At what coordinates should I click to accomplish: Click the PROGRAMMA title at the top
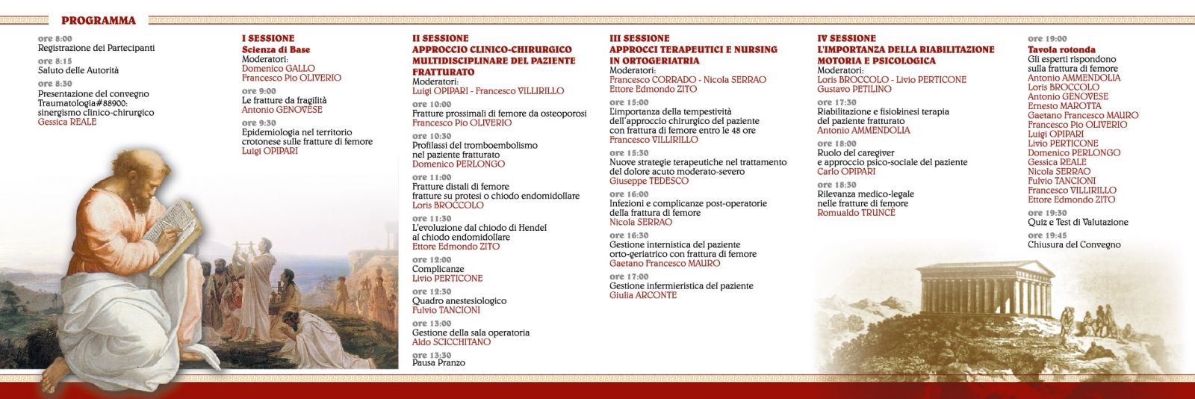[98, 20]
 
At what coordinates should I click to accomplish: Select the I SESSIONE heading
[268, 38]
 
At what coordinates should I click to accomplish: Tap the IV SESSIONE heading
[846, 38]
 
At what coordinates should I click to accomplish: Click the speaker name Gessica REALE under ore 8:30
[67, 122]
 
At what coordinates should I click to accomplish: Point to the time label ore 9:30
[258, 123]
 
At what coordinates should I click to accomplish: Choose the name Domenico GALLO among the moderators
[279, 68]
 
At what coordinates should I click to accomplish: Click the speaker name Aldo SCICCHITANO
[451, 342]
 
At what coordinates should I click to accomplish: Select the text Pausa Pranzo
[438, 363]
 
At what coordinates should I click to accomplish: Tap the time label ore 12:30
[432, 292]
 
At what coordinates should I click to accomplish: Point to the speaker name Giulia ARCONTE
[643, 295]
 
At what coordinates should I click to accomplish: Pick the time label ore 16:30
[629, 235]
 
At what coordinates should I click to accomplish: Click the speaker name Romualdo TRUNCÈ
[856, 213]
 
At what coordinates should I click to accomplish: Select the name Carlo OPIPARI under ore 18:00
[846, 172]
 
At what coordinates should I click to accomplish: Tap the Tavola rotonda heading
[1061, 49]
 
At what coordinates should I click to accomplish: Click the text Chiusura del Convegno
[1074, 244]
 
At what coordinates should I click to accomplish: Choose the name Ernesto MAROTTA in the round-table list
[1058, 106]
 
